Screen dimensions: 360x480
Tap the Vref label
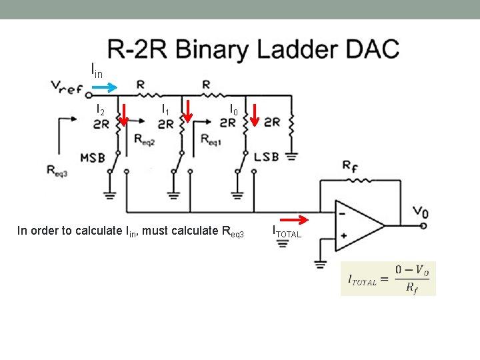[x=67, y=87]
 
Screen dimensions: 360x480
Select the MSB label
[x=93, y=158]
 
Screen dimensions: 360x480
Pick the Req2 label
[x=143, y=139]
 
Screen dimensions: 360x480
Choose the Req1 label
[x=211, y=139]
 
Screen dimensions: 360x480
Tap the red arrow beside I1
[x=188, y=112]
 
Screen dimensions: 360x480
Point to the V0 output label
[x=420, y=213]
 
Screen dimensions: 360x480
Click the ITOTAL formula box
[x=388, y=278]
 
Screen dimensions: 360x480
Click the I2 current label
[x=101, y=109]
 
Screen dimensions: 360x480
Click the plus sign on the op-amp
[x=343, y=235]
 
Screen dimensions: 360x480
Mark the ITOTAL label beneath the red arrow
[x=287, y=233]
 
